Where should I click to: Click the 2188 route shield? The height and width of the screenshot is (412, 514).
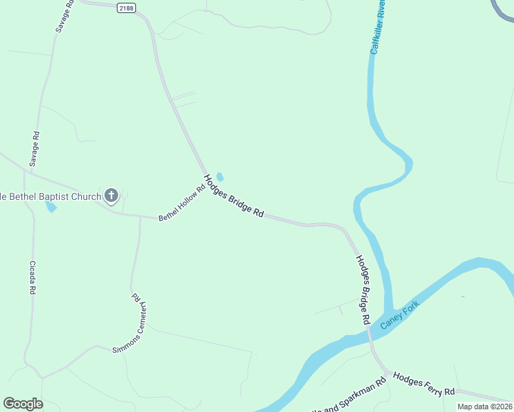coord(126,8)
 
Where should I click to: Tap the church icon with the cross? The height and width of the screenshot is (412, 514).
coord(111,196)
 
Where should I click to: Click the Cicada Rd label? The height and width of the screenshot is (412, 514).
coord(32,277)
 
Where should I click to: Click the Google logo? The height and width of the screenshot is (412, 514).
coord(23,404)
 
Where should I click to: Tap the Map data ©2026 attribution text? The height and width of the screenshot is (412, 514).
coord(484,407)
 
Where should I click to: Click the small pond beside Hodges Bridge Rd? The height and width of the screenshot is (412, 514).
coord(220,177)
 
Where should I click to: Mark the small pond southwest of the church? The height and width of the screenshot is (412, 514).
coord(50,207)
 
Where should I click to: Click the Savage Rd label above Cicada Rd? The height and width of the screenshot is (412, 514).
coord(35,149)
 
